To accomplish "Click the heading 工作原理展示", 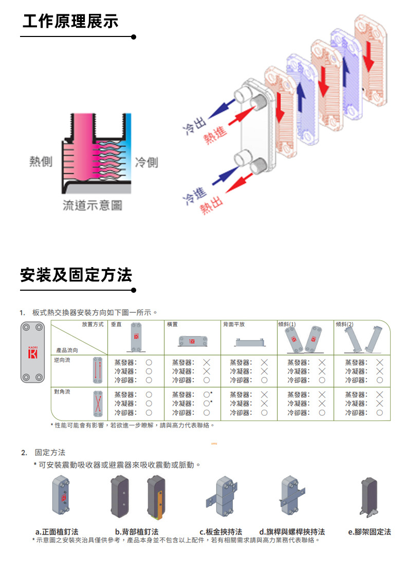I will [70, 22].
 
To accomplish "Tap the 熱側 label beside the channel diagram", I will [41, 162].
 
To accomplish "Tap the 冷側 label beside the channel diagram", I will [146, 163].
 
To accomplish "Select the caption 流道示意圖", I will [92, 205].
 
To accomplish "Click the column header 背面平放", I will [234, 325].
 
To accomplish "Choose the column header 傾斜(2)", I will [344, 325].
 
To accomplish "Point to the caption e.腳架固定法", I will [370, 532].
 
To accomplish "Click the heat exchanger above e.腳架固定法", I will [368, 497].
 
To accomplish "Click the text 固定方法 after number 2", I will [50, 452].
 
